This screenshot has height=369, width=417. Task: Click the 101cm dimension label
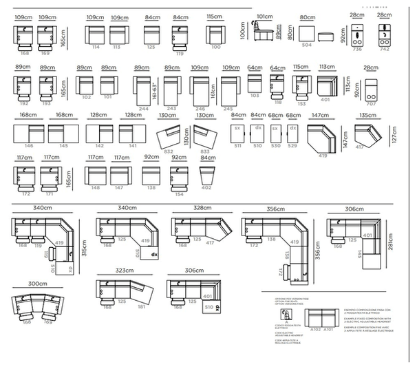[264, 16]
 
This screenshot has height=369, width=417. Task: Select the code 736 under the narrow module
[356, 50]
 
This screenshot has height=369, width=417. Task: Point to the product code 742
[385, 50]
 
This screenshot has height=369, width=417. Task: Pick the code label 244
[143, 108]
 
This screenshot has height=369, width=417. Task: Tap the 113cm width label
[327, 67]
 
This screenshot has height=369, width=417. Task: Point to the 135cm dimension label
[368, 116]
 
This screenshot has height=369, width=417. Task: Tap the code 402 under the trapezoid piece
[206, 187]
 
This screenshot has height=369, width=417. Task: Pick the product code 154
[179, 194]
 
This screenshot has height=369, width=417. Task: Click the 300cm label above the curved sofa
[38, 284]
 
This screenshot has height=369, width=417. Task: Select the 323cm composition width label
[124, 271]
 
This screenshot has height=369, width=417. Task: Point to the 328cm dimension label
[203, 208]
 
